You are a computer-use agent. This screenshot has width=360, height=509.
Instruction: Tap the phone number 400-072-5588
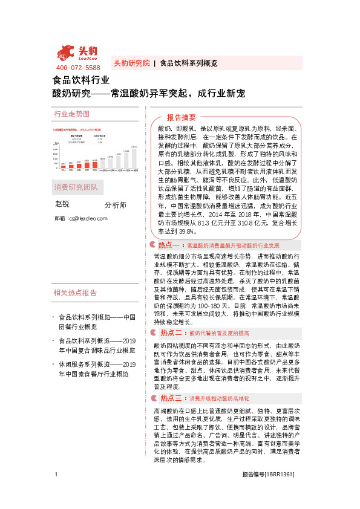tap(78, 68)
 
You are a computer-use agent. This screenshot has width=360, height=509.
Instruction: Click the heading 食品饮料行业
tap(81, 80)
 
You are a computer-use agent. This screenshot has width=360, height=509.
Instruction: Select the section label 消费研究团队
tap(75, 186)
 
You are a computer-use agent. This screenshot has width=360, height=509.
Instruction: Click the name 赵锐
tap(63, 204)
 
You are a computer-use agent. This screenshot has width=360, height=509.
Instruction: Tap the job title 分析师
tap(115, 205)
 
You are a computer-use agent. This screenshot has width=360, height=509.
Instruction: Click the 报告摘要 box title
tap(182, 117)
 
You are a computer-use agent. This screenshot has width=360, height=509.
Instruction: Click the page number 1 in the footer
tap(56, 490)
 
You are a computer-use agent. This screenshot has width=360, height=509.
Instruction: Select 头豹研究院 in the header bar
tap(131, 63)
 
